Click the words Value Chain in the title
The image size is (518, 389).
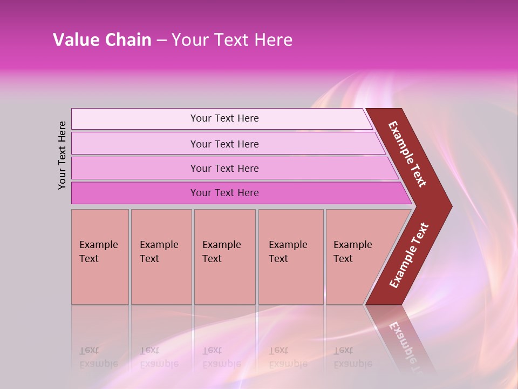102,40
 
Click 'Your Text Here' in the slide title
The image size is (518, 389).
232,40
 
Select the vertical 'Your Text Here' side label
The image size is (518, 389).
62,155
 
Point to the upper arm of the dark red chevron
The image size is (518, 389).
407,154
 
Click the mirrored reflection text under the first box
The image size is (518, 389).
98,357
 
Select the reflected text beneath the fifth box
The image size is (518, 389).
352,357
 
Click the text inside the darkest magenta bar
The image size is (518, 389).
224,193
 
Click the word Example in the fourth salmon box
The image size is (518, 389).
288,245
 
